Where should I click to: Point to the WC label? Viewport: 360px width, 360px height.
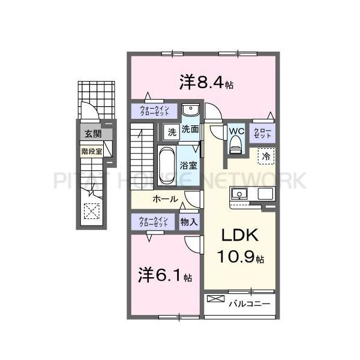[235, 132]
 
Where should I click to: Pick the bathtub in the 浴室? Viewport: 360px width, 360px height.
[167, 161]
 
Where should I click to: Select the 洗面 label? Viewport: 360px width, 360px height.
[190, 129]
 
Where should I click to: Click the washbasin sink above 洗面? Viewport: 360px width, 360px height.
[191, 112]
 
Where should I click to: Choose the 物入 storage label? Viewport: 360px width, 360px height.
[189, 221]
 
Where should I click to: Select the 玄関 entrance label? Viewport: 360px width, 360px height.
[92, 134]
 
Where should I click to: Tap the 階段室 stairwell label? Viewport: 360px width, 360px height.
[92, 151]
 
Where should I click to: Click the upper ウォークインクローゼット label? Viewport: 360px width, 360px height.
[154, 110]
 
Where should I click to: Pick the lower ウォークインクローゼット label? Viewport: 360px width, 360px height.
[154, 221]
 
